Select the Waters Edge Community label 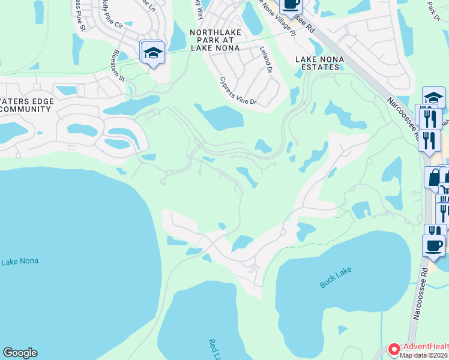tap(25, 105)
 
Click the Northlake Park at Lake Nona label tap(214, 40)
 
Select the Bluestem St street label tap(118, 66)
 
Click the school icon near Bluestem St tap(153, 53)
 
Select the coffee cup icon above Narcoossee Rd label tap(434, 245)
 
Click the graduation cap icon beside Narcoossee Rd tap(433, 97)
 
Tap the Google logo tap(20, 353)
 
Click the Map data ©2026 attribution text tap(422, 355)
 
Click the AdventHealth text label tap(425, 347)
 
